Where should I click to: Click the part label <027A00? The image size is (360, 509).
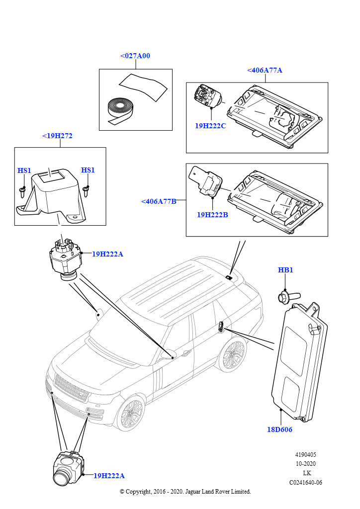coord(135,56)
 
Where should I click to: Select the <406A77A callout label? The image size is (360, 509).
coord(265,70)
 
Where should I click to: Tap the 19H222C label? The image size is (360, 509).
coord(210,126)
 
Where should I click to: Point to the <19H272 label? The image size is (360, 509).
coord(57,135)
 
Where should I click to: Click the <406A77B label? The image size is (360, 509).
coord(159,201)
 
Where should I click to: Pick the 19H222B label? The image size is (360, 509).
coord(212,215)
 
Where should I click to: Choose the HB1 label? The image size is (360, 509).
coord(285,270)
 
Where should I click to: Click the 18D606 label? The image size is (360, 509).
coord(279,429)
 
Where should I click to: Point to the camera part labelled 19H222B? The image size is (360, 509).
coord(208,182)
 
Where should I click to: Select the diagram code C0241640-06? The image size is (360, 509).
coord(305,482)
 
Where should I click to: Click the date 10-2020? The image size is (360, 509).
coord(305,464)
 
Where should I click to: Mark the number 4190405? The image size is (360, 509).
coord(305,455)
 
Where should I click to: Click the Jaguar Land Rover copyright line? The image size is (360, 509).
coord(185,492)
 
